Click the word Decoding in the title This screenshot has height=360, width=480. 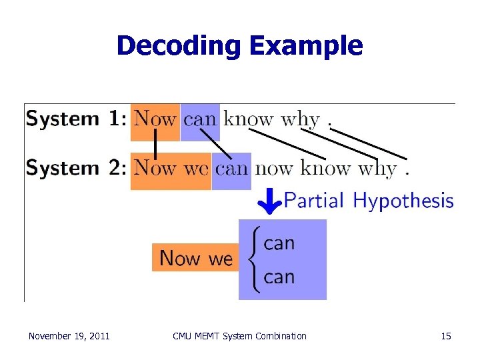point(178,46)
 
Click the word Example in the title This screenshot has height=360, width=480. point(306,46)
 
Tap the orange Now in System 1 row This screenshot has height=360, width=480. point(155,120)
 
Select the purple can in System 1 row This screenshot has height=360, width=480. point(200,120)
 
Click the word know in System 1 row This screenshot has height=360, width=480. point(249,120)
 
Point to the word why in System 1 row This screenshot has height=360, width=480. point(300,120)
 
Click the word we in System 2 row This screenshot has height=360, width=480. point(196,169)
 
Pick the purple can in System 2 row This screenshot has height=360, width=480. point(231,169)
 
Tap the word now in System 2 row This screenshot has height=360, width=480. point(274,169)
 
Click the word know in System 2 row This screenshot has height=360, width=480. point(326,169)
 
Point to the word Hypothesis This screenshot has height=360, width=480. point(403,201)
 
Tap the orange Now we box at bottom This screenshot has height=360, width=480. point(195,258)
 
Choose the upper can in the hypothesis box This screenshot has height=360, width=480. point(279,243)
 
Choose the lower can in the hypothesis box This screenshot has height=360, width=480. point(279,277)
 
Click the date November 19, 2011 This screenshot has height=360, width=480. point(69,336)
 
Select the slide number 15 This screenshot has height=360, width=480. point(446,336)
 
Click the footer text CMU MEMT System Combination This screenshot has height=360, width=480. point(239,336)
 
